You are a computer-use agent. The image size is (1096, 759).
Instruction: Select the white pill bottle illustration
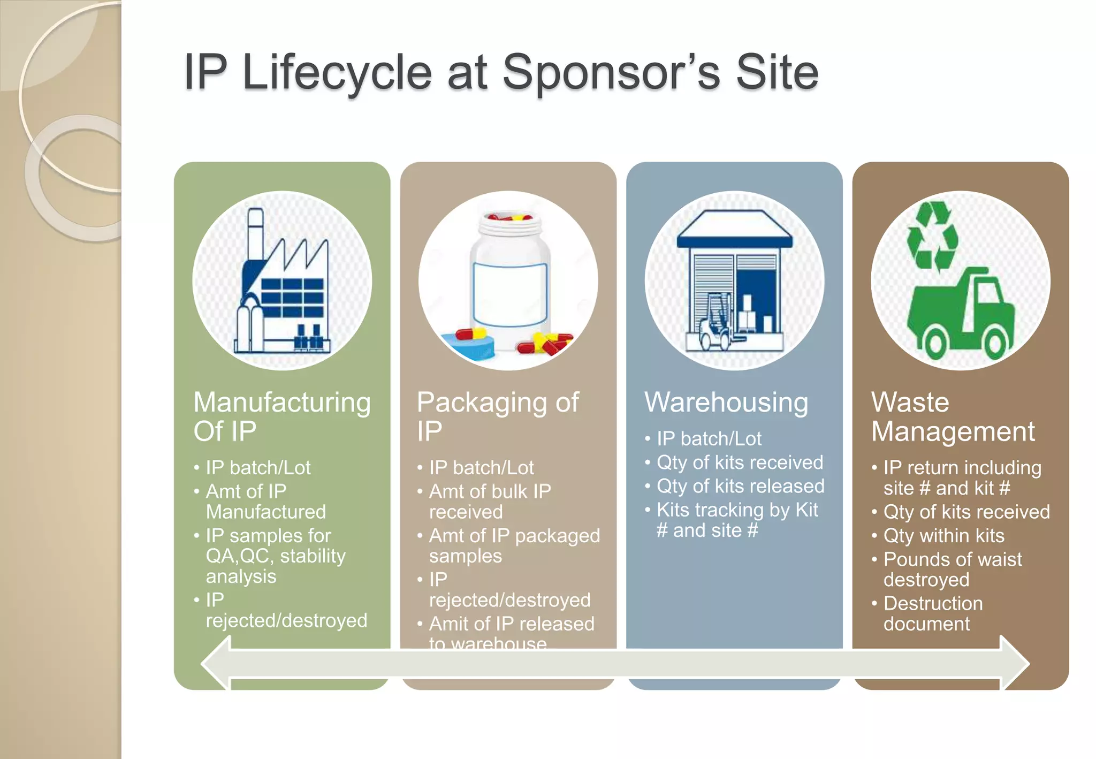510,278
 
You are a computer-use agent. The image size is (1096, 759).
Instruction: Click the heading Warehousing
726,403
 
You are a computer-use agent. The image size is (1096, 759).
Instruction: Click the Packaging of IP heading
498,416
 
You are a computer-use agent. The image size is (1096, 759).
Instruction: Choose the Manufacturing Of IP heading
282,416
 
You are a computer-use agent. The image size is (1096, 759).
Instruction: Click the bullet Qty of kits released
740,486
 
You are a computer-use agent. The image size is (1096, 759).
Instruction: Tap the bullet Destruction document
933,613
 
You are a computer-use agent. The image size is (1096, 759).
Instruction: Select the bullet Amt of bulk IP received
490,502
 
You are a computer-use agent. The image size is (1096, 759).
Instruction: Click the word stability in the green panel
313,556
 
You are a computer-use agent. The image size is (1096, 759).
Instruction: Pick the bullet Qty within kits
943,536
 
